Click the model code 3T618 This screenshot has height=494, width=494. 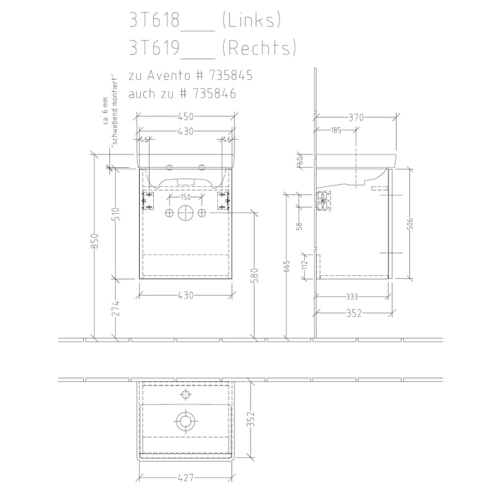coord(154,20)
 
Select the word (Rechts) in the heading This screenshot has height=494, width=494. coord(258,48)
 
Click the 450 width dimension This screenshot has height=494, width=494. coord(186,118)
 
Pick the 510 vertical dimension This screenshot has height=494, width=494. coord(116,215)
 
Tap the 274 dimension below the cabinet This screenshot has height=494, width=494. coord(116,308)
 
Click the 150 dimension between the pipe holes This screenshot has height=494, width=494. coord(186,198)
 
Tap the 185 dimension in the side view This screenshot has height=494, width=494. coord(335,130)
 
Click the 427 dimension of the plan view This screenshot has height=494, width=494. coord(186,478)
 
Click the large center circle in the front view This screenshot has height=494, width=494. coord(186,213)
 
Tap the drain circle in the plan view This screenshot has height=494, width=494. coord(186,421)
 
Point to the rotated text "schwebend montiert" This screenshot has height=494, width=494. coord(113,109)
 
